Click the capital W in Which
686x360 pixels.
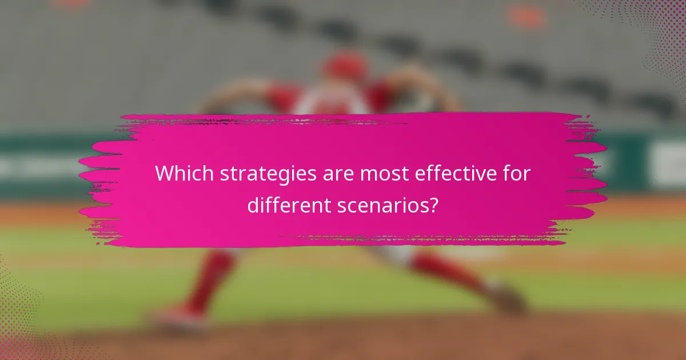[x=164, y=174]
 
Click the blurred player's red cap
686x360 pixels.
[x=345, y=66]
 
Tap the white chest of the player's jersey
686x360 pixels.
[x=331, y=103]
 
